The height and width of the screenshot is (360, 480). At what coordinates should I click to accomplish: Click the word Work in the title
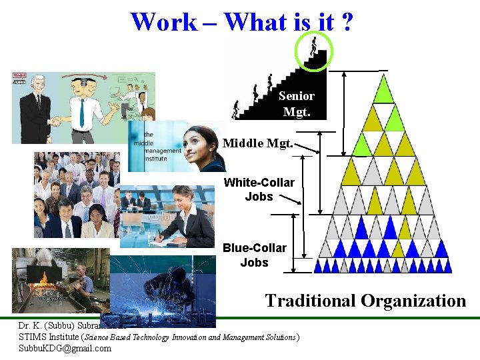(163, 22)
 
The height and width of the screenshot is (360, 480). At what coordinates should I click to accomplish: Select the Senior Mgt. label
(297, 104)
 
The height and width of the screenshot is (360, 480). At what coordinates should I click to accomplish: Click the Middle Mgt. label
(257, 143)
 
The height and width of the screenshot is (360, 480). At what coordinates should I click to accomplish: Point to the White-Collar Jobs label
(259, 189)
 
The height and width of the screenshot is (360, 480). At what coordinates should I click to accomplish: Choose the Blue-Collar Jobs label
(254, 255)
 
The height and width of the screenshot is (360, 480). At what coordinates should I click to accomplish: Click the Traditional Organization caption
(365, 301)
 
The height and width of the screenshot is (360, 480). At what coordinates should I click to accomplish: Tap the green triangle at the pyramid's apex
(383, 89)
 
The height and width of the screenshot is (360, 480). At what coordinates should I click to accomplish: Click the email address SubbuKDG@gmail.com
(65, 348)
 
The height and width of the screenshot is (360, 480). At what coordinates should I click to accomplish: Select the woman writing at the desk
(180, 217)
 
